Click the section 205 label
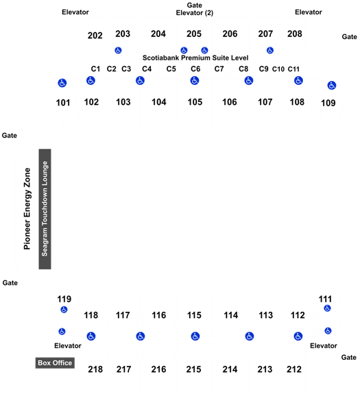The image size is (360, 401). pos(194,34)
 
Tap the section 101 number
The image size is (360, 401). pos(63,103)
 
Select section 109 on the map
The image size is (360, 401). pos(328,103)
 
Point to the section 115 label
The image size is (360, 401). pos(194,315)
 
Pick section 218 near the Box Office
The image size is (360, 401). pos(95,369)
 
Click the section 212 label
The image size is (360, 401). pos(294,369)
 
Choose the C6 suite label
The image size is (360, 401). pos(195,69)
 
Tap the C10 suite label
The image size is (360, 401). pos(278,69)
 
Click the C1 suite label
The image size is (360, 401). pos(95,69)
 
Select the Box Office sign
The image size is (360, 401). pos(55,363)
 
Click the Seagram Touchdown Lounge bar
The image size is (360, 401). pos(45,209)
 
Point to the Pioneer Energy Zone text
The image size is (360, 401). pos(27,208)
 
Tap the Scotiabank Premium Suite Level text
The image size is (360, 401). pos(195,58)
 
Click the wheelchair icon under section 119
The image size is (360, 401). pos(64,309)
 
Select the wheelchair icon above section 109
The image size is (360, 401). pos(332,86)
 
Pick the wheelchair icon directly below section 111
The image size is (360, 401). pos(327,308)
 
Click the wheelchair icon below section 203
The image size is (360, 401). pos(118,50)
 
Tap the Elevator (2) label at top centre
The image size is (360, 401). pos(195,13)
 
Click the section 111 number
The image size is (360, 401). pos(325,299)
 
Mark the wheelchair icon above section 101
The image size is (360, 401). pos(62,83)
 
